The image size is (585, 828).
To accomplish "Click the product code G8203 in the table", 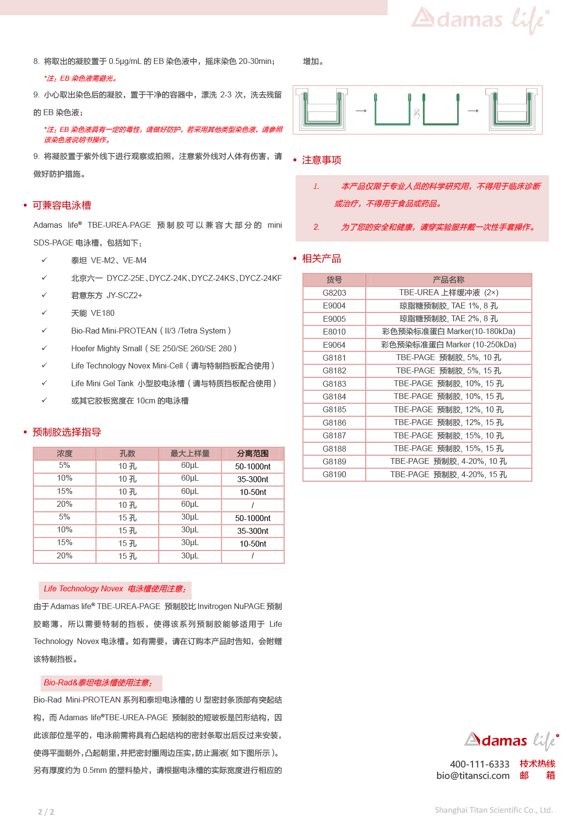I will (x=334, y=293).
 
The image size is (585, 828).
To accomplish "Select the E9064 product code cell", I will (x=334, y=345).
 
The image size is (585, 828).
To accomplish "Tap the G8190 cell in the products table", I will (x=334, y=475).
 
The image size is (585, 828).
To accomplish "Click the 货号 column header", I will (x=334, y=280).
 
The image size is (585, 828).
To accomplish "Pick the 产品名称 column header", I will (x=448, y=280).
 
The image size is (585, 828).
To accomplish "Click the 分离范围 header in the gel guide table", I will (x=253, y=454).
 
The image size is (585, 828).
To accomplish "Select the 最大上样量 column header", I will (x=190, y=454).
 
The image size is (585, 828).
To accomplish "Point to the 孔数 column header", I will (x=127, y=454).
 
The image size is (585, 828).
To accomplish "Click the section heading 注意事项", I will (x=322, y=160).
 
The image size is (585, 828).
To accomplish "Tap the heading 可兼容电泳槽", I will (x=62, y=205).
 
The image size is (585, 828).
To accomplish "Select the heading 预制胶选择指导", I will (x=67, y=432).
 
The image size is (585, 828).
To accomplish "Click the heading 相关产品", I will (x=322, y=258).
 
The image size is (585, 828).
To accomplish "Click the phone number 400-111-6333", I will (x=480, y=764).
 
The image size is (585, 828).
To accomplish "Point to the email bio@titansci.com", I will (x=473, y=776).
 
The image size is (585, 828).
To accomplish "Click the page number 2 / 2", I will (x=46, y=812).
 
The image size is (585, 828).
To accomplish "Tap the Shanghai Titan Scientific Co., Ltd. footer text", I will (x=494, y=810).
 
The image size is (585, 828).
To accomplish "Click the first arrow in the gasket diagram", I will (x=361, y=111).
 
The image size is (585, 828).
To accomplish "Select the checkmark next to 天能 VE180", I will (x=44, y=313).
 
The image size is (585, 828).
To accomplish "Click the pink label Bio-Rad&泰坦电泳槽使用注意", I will (x=98, y=683).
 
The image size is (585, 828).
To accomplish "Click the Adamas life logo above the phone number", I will (x=511, y=740).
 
